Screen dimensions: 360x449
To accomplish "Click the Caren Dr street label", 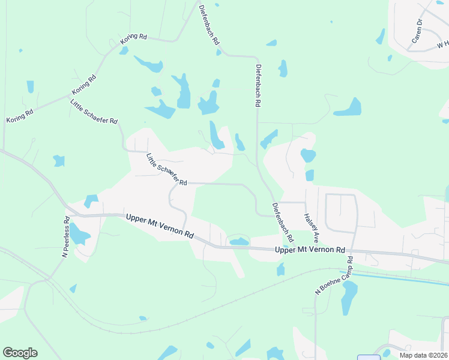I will tap(417, 31).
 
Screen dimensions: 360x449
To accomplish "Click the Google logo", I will tap(20, 353).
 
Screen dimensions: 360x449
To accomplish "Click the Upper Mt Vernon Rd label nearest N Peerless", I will tap(161, 226).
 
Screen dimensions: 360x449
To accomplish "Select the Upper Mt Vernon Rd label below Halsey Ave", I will tap(310, 250).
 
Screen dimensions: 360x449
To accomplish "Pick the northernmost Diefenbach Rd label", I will tap(209, 26).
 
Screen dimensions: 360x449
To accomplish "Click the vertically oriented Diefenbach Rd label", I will tap(258, 85).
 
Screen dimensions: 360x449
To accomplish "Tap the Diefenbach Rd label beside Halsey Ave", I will tap(283, 223).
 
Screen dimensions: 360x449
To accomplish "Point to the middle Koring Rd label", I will tap(84, 85).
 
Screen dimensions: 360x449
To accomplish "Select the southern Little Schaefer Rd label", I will tap(167, 169).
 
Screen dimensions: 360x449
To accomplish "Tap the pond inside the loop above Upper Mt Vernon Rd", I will tap(239, 241).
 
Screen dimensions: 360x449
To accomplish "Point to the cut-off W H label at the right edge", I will tap(442, 45).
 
